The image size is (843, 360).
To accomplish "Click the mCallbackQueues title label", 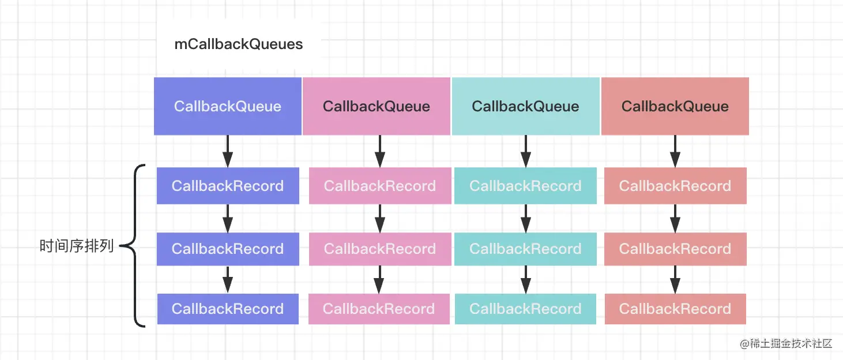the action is click(x=239, y=44).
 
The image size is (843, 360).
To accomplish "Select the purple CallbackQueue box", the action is click(x=228, y=106).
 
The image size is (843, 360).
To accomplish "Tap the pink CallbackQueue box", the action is click(x=377, y=106).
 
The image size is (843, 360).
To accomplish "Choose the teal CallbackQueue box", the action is click(x=525, y=106).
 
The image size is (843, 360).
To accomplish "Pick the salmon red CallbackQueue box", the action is click(x=675, y=106).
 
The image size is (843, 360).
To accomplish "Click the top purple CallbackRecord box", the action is click(x=228, y=186).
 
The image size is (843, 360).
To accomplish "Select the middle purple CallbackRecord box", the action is click(x=228, y=249).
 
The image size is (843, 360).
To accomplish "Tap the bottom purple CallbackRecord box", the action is click(x=228, y=309).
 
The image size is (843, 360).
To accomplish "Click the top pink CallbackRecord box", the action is click(x=380, y=186).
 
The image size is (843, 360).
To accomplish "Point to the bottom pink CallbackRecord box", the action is click(x=379, y=309).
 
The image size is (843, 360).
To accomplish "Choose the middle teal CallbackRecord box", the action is click(x=525, y=249).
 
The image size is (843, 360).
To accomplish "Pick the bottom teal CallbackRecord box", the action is click(x=525, y=309).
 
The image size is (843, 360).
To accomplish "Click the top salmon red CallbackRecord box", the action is click(x=676, y=186).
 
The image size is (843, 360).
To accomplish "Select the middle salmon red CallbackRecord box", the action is click(x=676, y=249).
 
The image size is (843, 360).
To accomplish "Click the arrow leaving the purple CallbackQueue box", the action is click(x=228, y=151).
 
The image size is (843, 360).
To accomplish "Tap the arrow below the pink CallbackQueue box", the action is click(x=380, y=151).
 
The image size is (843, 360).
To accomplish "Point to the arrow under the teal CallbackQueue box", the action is click(x=526, y=151).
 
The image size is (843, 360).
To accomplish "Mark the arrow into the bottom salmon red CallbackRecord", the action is click(x=675, y=279).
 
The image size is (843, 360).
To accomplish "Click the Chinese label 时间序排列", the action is click(x=76, y=246).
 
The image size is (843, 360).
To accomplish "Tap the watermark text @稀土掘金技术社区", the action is click(x=786, y=343).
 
